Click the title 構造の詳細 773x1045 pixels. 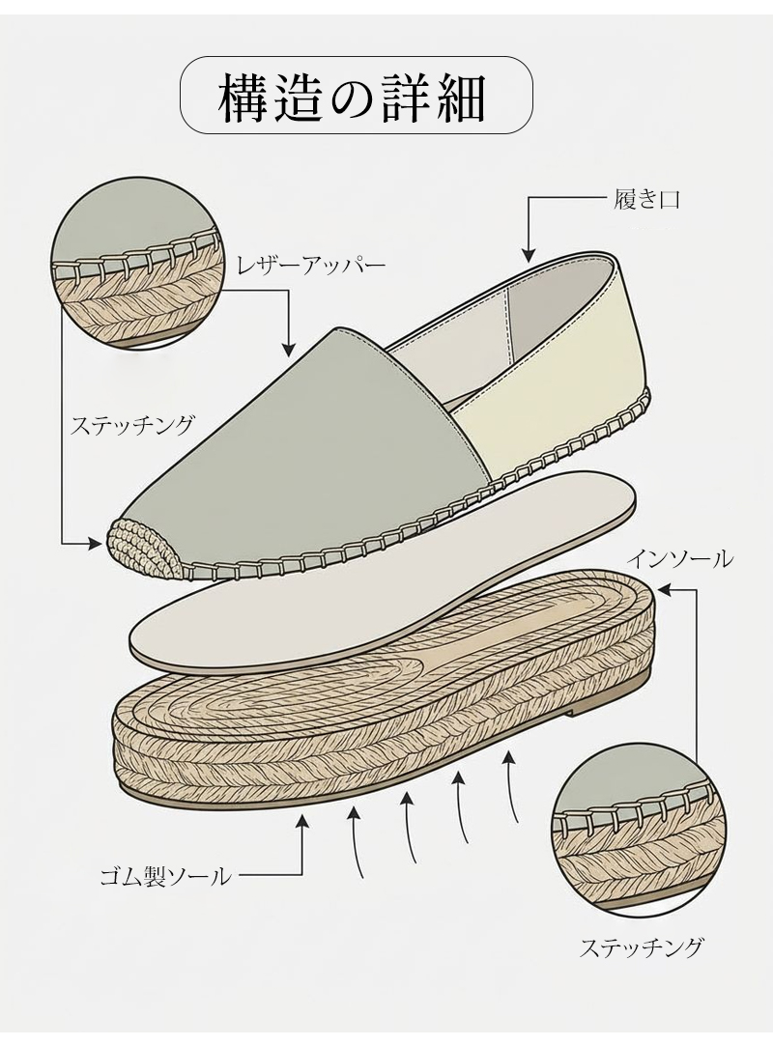(x=358, y=96)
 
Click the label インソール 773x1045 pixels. (x=679, y=558)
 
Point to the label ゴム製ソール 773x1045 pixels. (x=166, y=877)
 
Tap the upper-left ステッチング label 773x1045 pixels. (x=132, y=424)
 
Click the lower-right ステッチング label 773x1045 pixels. (x=641, y=946)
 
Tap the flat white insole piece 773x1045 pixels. (x=386, y=579)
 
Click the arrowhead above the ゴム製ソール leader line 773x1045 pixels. (x=302, y=822)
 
